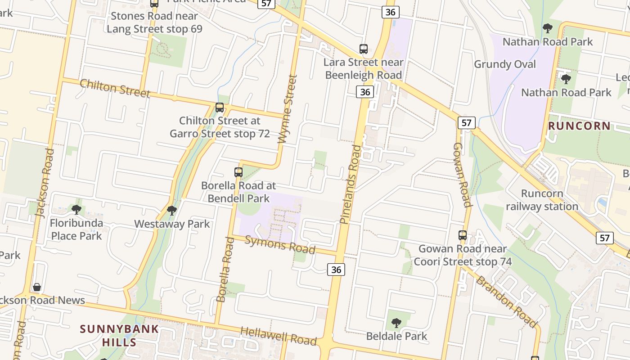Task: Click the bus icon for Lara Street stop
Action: click(x=364, y=49)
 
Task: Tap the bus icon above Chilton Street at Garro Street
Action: click(x=220, y=107)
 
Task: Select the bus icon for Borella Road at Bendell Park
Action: click(x=238, y=172)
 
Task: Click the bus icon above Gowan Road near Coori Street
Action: click(x=463, y=235)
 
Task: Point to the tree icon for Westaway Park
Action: click(x=171, y=210)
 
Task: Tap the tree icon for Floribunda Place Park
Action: click(x=76, y=209)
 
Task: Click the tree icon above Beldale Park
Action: click(x=396, y=323)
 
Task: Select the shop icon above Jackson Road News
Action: click(x=37, y=287)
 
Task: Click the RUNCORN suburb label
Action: click(x=580, y=126)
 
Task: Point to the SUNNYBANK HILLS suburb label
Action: click(x=120, y=335)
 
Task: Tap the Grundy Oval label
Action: click(x=505, y=64)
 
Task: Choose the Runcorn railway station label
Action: click(x=542, y=200)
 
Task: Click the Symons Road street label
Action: click(x=279, y=244)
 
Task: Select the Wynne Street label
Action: click(x=288, y=109)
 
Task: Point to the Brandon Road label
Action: click(x=507, y=301)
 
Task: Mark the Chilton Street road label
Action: click(x=115, y=88)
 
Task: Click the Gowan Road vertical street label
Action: click(x=462, y=175)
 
